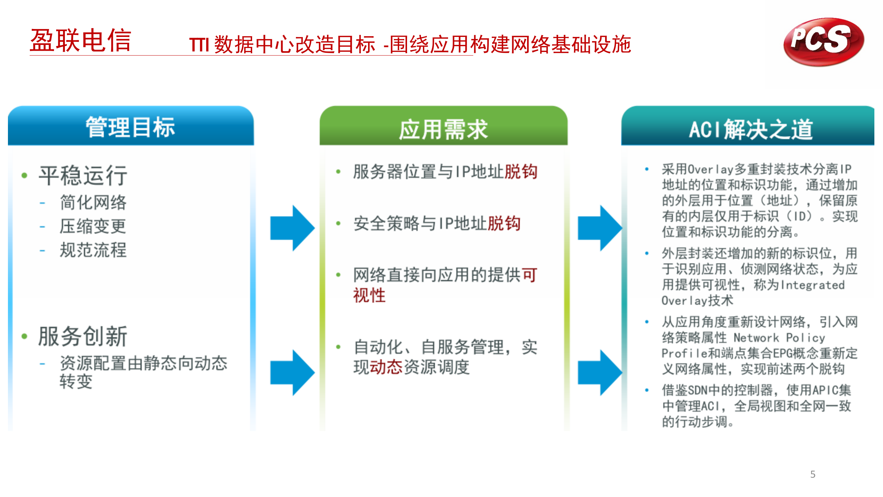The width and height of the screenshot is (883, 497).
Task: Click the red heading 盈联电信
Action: pyautogui.click(x=81, y=41)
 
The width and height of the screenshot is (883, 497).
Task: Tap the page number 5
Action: pyautogui.click(x=813, y=474)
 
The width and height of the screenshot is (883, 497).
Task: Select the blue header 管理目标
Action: pyautogui.click(x=131, y=127)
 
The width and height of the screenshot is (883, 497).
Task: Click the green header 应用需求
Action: pyautogui.click(x=443, y=129)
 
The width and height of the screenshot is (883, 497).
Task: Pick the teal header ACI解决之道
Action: pyautogui.click(x=751, y=129)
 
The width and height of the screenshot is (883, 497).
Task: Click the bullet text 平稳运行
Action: pyautogui.click(x=83, y=175)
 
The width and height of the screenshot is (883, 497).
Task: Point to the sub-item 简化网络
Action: pyautogui.click(x=93, y=202)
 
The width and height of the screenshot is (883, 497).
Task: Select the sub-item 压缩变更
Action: pyautogui.click(x=93, y=226)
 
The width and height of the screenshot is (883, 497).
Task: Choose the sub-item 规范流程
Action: pyautogui.click(x=93, y=250)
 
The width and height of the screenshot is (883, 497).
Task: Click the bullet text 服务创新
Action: pyautogui.click(x=83, y=336)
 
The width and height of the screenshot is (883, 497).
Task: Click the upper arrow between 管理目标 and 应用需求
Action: pyautogui.click(x=292, y=228)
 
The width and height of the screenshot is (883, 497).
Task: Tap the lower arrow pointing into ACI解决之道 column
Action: pyautogui.click(x=599, y=373)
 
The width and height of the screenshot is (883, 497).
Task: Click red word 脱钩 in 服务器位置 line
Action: pyautogui.click(x=520, y=172)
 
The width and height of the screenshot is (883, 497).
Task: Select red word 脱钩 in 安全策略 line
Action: pyautogui.click(x=504, y=223)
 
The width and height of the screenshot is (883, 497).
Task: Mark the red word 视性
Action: pyautogui.click(x=369, y=295)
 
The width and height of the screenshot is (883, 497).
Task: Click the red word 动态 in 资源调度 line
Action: pyautogui.click(x=386, y=367)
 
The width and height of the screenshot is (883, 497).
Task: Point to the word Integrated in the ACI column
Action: pyautogui.click(x=813, y=285)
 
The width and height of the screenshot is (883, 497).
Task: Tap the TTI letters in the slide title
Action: pyautogui.click(x=199, y=45)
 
